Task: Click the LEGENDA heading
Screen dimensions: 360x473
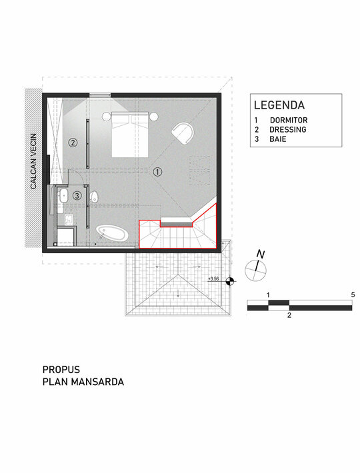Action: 279,105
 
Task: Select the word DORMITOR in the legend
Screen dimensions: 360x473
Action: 289,120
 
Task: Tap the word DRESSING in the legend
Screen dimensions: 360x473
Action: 288,129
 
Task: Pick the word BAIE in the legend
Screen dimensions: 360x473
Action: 278,139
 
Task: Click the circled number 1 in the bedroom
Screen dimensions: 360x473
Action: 157,172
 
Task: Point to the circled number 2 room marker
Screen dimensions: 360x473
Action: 73,142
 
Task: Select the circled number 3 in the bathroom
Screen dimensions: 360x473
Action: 77,195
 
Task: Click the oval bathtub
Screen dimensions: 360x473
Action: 113,233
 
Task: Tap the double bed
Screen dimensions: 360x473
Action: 130,134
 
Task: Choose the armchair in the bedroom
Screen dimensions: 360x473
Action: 183,133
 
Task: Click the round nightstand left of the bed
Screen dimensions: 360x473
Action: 106,116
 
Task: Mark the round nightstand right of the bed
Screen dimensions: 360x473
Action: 153,116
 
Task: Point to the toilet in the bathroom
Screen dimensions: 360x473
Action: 94,197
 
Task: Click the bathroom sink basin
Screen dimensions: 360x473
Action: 64,196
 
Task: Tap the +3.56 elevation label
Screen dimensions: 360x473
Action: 213,278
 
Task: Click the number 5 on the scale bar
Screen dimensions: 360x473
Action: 353,294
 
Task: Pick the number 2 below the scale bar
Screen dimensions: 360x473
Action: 289,316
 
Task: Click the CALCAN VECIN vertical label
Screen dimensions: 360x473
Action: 33,161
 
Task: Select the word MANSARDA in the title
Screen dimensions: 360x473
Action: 97,382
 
